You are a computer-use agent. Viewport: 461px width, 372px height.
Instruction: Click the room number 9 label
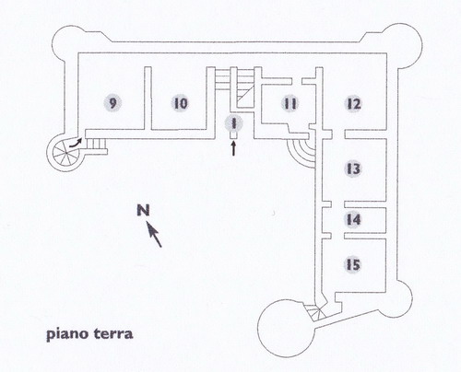(112, 103)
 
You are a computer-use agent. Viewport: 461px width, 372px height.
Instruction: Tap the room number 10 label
(181, 103)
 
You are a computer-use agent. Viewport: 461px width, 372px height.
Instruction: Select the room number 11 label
(290, 103)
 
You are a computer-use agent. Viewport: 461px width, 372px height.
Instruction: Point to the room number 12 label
(354, 104)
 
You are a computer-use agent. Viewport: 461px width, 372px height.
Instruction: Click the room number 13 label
(353, 169)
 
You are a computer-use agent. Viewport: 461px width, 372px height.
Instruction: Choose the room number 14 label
(353, 219)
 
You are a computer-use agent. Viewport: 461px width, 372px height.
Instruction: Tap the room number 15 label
(353, 264)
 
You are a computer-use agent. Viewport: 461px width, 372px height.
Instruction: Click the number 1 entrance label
(234, 123)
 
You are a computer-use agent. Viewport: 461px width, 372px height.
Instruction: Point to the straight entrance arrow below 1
(234, 148)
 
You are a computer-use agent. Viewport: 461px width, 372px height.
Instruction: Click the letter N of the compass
(143, 210)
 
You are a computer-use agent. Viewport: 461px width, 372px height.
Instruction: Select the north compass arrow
(154, 235)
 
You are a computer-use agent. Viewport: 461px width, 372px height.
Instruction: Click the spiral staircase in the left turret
(65, 152)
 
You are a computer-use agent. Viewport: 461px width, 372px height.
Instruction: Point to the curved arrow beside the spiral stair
(76, 143)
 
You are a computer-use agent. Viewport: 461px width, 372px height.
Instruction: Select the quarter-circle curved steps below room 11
(302, 151)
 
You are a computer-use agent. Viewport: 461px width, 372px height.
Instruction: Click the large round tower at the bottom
(286, 329)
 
